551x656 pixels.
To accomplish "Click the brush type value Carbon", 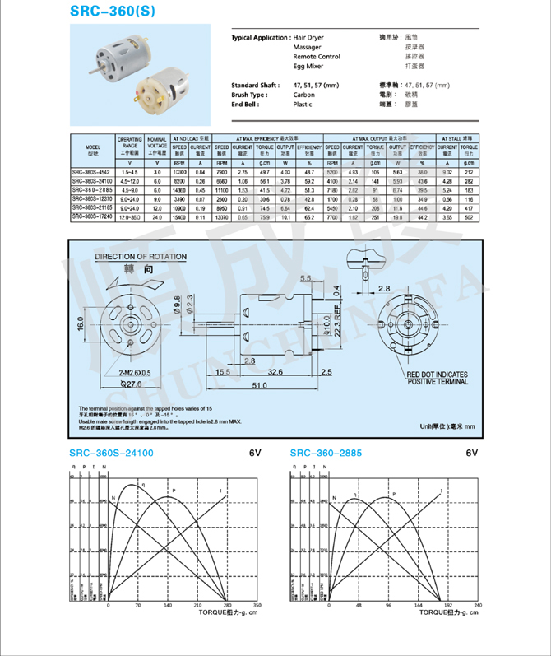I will [x=303, y=95].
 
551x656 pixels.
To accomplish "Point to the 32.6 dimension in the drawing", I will [x=276, y=372].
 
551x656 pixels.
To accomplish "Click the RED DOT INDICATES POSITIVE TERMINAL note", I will [x=442, y=379].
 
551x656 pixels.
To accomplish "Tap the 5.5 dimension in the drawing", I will [x=307, y=280].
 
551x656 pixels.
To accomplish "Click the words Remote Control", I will [x=317, y=57].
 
